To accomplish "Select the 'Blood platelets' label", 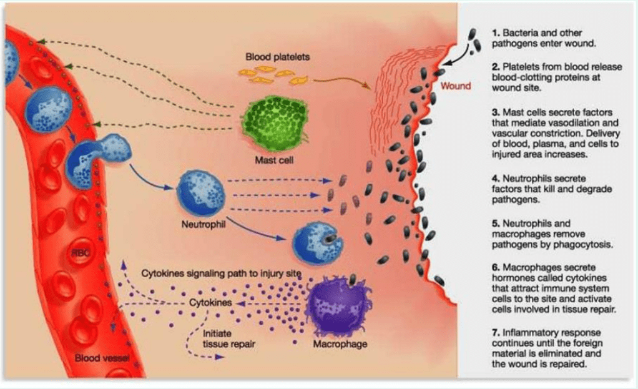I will pos(277,57).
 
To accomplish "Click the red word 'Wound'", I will pos(456,86).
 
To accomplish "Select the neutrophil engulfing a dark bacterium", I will pos(317,244).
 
